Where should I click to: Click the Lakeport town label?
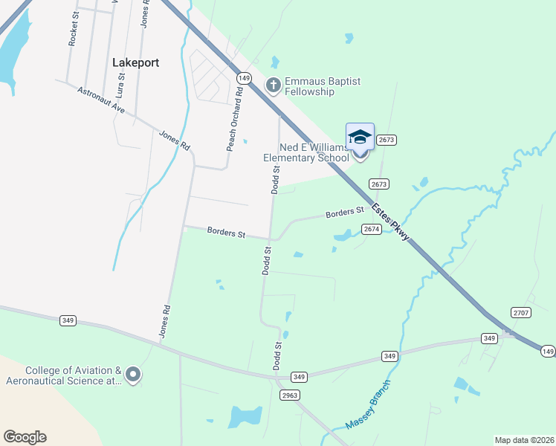(x=135, y=62)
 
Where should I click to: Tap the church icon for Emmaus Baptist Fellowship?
(x=274, y=85)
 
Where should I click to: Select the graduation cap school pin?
(x=360, y=138)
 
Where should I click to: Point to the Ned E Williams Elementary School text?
(x=306, y=152)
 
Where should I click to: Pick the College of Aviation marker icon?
(x=133, y=375)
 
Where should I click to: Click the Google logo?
(x=25, y=437)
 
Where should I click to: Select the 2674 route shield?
(x=372, y=229)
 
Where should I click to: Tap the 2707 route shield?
(x=520, y=313)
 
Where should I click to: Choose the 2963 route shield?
(x=289, y=395)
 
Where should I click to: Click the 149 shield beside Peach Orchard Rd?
(x=244, y=77)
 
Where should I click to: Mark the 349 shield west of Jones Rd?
(x=68, y=320)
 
